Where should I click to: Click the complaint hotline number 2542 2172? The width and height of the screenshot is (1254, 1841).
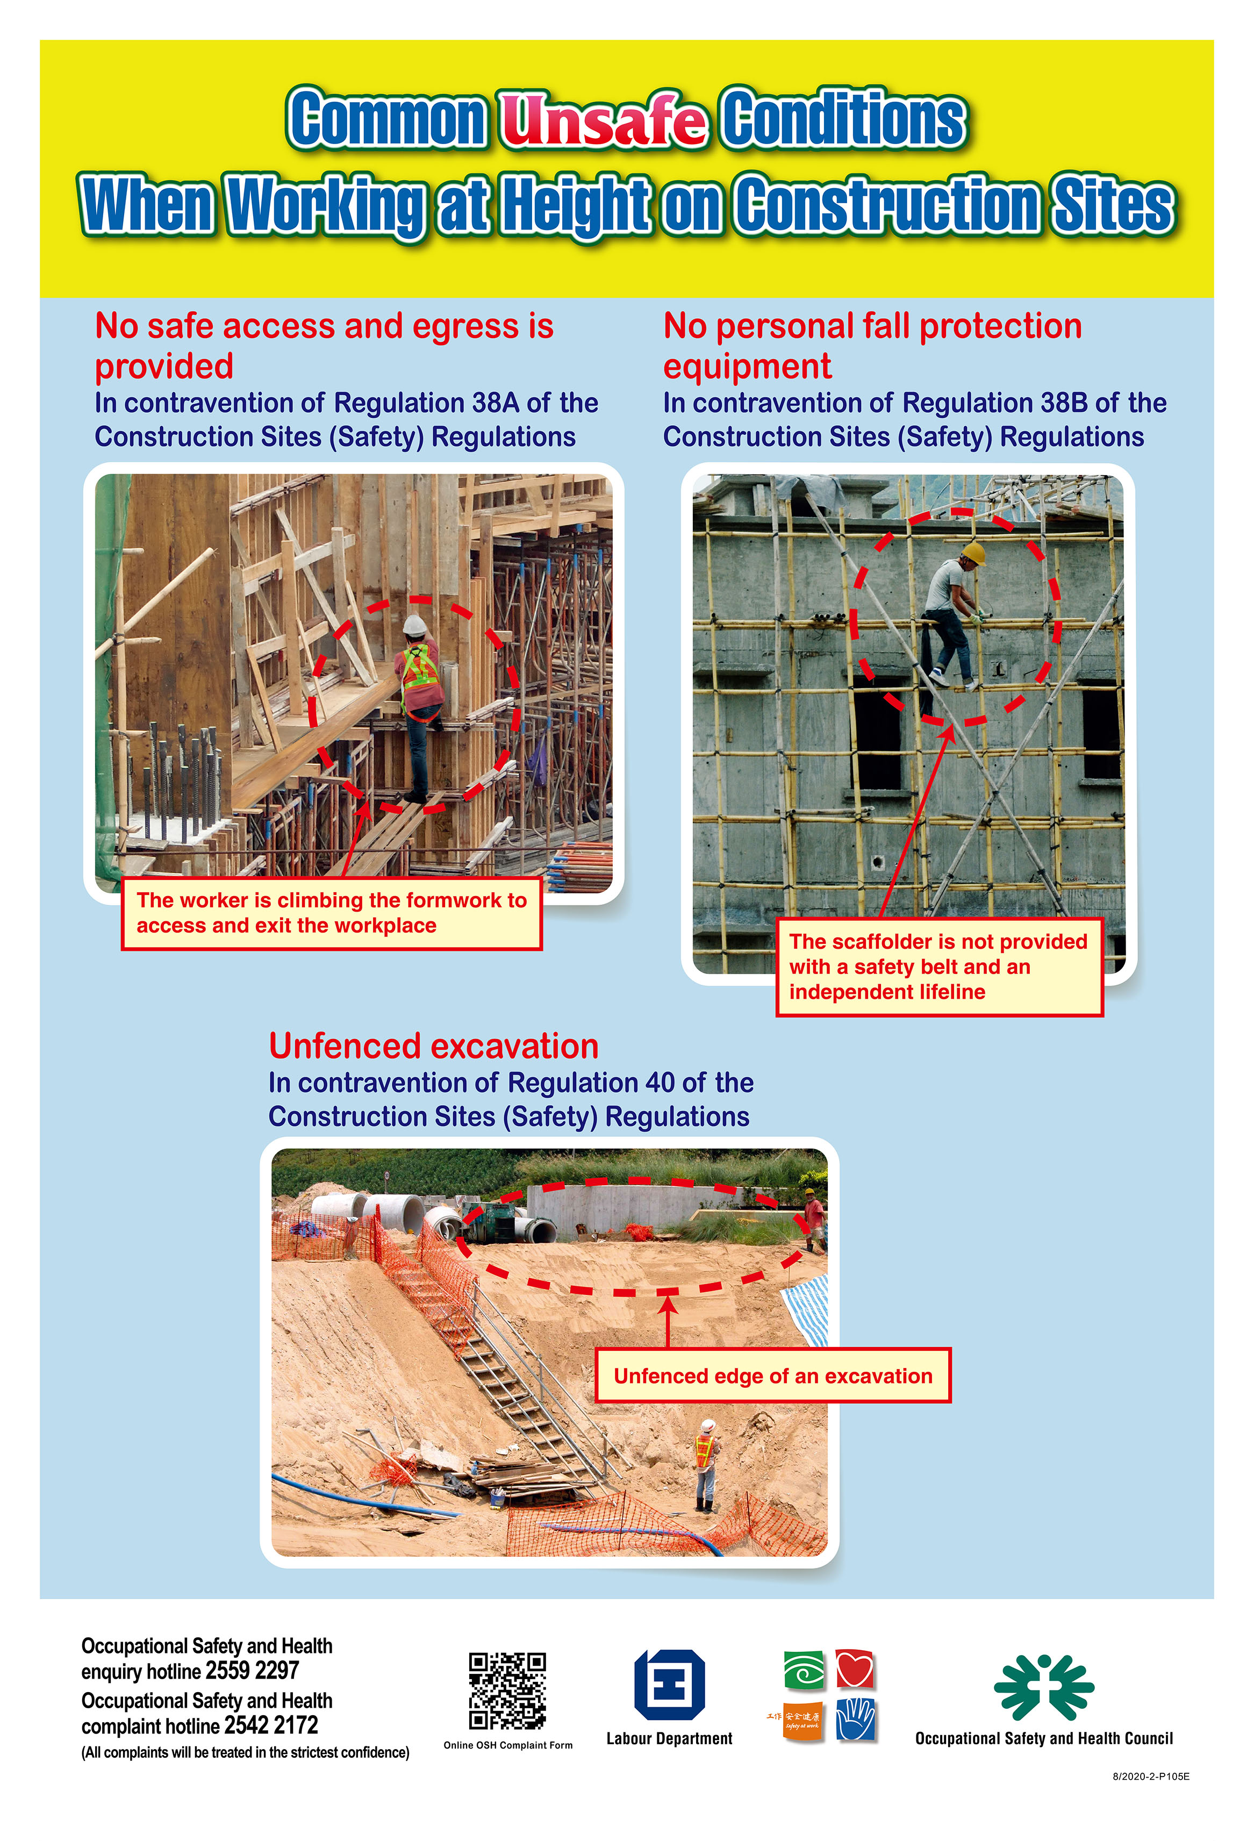coord(271,1725)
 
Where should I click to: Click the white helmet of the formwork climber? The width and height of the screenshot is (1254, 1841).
coord(414,625)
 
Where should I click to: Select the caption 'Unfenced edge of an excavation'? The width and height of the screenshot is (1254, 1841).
coord(772,1376)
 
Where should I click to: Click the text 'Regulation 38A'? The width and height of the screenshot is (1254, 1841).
coord(427,403)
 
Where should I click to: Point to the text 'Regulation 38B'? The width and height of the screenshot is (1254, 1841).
coord(995,403)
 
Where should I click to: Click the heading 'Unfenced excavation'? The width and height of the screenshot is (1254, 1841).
coord(433,1047)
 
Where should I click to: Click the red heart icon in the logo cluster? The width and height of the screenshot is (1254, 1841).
coord(855,1669)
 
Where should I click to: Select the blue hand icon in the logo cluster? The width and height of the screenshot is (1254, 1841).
coord(855,1720)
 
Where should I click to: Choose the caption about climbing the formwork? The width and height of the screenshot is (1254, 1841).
coord(331,913)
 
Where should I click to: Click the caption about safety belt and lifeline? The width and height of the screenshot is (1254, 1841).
coord(938,966)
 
